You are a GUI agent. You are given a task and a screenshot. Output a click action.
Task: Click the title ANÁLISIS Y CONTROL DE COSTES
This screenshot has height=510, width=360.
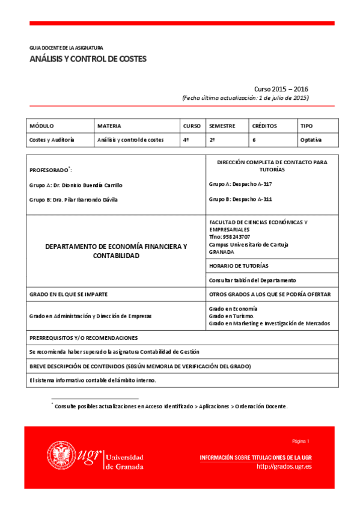(x=88, y=59)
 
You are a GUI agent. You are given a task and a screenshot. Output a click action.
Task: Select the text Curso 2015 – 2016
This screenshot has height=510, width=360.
(x=281, y=88)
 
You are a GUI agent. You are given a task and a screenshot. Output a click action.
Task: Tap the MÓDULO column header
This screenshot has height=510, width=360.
(x=41, y=126)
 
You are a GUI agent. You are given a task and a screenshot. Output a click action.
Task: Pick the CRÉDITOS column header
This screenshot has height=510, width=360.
(x=264, y=126)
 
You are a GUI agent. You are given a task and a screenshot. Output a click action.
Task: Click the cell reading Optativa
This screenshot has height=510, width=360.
(x=311, y=140)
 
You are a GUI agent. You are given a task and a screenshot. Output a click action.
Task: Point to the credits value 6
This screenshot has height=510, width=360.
(x=254, y=140)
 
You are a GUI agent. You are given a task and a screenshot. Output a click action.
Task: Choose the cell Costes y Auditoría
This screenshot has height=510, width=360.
(x=52, y=140)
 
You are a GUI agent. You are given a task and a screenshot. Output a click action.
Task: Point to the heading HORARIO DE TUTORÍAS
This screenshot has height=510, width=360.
(x=239, y=265)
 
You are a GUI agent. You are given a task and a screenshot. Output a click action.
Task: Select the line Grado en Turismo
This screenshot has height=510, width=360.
(x=231, y=316)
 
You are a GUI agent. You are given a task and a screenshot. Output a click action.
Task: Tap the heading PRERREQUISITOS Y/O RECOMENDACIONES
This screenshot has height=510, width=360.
(x=84, y=338)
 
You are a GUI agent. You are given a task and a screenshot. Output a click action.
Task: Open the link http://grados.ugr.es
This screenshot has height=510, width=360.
(x=284, y=467)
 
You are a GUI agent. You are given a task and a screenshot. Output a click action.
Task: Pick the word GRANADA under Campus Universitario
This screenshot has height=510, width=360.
(x=222, y=252)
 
